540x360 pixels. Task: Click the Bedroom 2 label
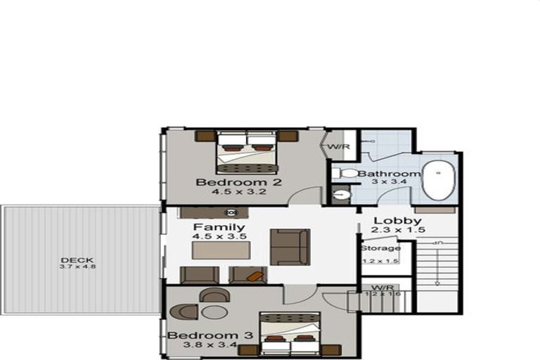pyautogui.click(x=229, y=184)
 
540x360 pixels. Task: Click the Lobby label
pyautogui.click(x=387, y=221)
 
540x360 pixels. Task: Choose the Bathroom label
pyautogui.click(x=389, y=174)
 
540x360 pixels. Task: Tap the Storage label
pyautogui.click(x=380, y=248)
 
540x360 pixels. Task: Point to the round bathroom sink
pyautogui.click(x=342, y=194)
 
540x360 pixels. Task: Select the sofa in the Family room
pyautogui.click(x=289, y=246)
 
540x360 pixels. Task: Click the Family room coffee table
pyautogui.click(x=220, y=251)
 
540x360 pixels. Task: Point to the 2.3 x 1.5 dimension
pyautogui.click(x=387, y=231)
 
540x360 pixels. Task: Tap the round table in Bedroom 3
pyautogui.click(x=215, y=312)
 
